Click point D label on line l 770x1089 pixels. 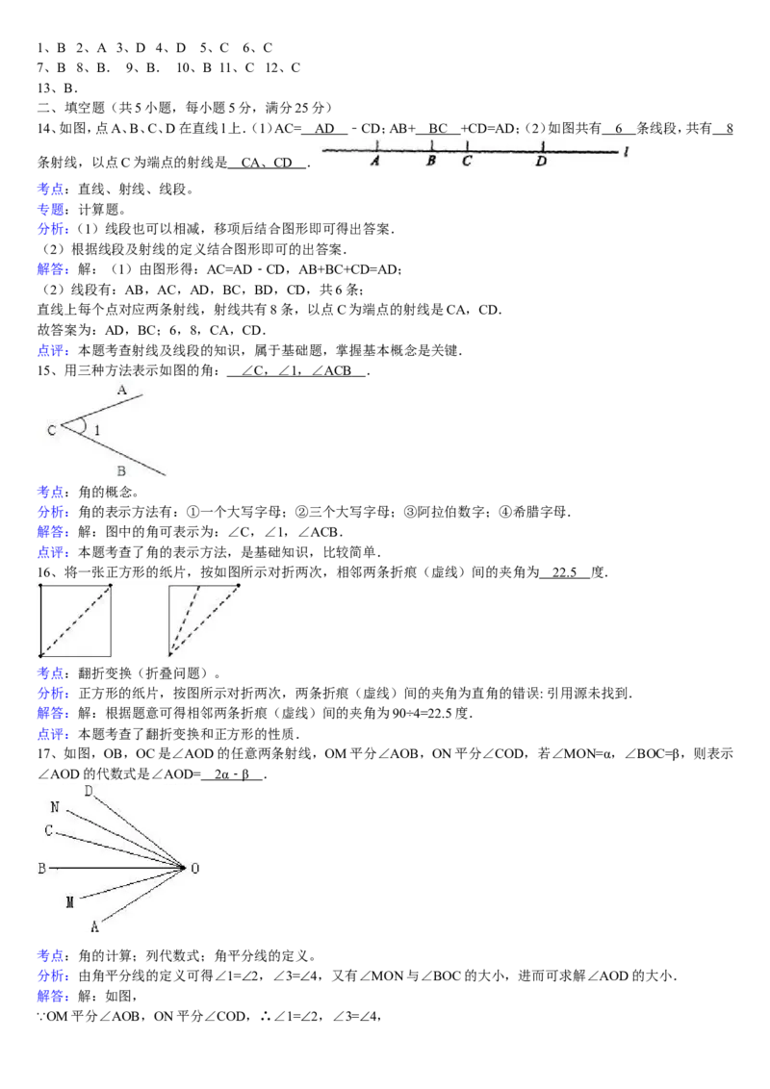(x=541, y=161)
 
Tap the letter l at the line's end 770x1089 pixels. (x=627, y=151)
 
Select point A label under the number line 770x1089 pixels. (x=375, y=161)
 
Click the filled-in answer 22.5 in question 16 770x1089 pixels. (x=564, y=572)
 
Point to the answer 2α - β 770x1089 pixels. (x=231, y=773)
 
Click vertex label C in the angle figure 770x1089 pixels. (x=51, y=431)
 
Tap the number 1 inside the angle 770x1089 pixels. (x=96, y=431)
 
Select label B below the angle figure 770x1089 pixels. (x=121, y=470)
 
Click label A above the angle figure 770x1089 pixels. (x=122, y=391)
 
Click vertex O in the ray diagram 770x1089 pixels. (x=194, y=868)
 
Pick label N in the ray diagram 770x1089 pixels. (x=55, y=807)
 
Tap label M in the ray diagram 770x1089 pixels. (x=69, y=902)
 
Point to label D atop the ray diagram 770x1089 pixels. (x=89, y=791)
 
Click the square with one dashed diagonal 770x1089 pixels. (x=75, y=620)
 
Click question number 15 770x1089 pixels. (x=43, y=371)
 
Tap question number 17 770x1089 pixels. (x=43, y=753)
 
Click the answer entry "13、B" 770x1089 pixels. (x=56, y=89)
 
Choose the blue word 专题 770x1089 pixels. (x=50, y=209)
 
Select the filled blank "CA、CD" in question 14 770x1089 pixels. (x=267, y=163)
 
